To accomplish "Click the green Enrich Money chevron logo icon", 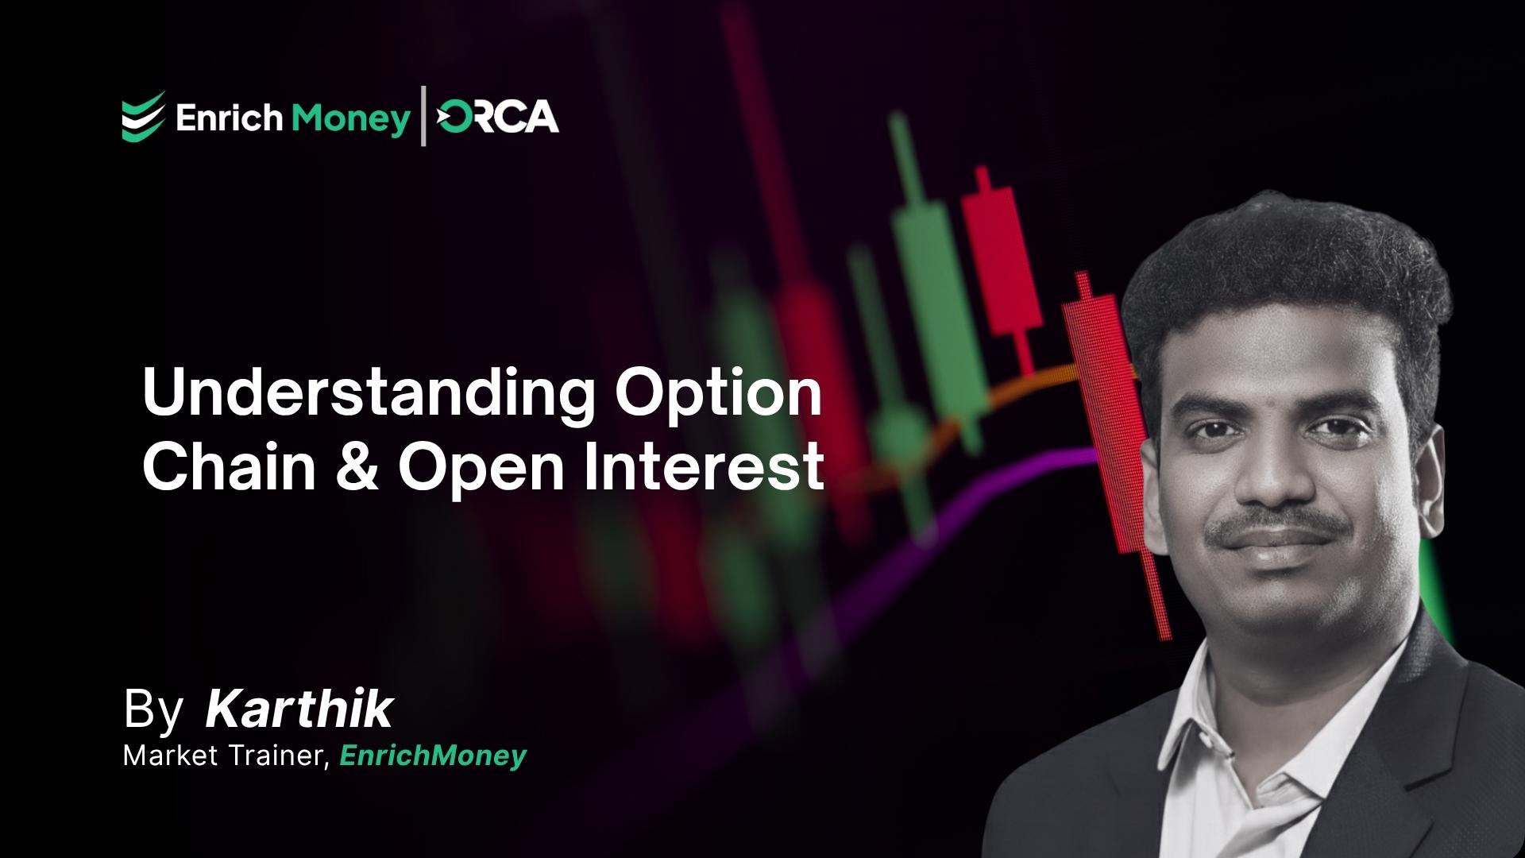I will (x=143, y=116).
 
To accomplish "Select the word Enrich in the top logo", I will (x=229, y=119).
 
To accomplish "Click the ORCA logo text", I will (x=498, y=118).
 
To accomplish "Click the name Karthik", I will (x=299, y=709).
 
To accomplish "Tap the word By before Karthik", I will (x=153, y=709).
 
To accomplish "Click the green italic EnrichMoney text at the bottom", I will (x=433, y=756).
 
